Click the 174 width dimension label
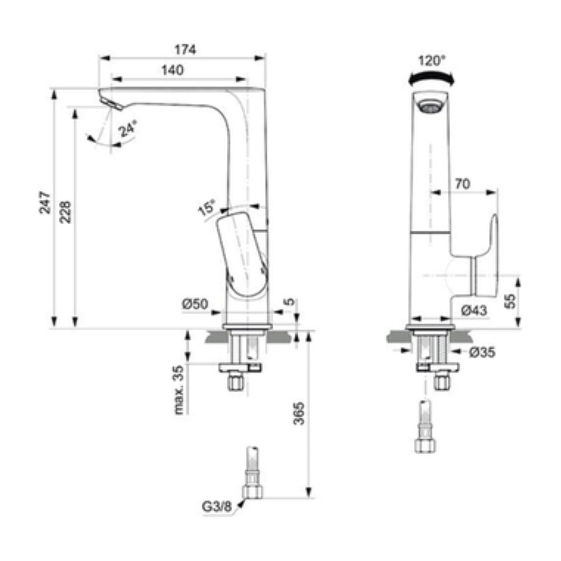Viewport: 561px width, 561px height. pos(185,50)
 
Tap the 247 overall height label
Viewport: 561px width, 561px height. pos(45,202)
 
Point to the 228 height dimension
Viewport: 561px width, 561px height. pos(66,212)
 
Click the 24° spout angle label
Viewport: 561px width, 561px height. pos(128,129)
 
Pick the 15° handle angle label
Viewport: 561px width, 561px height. pos(207,208)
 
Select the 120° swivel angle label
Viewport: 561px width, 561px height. pos(432,61)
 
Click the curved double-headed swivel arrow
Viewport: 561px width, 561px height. pos(431,79)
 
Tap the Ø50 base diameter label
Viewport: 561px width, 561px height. pos(195,304)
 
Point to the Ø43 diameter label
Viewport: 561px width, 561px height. pos(474,310)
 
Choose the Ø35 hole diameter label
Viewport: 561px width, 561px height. pos(482,352)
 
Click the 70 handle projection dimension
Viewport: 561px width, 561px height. pos(462,184)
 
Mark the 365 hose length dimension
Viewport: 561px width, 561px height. pos(299,413)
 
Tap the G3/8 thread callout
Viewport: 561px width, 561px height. pos(216,506)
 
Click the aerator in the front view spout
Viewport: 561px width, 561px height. pos(430,106)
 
